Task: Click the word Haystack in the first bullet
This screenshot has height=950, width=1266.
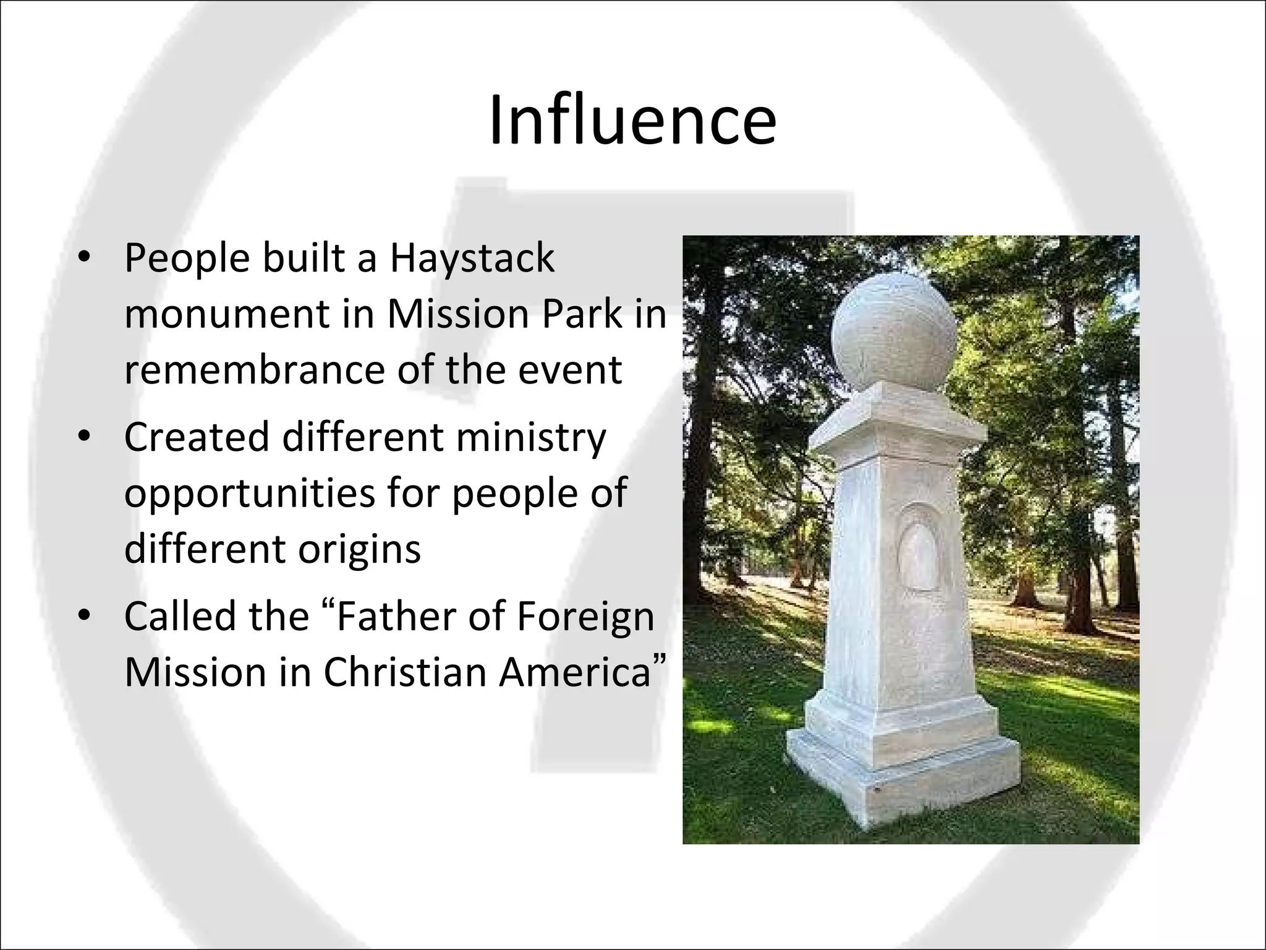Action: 472,258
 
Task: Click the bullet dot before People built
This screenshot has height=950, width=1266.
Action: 85,259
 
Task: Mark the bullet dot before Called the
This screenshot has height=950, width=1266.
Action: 85,617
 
